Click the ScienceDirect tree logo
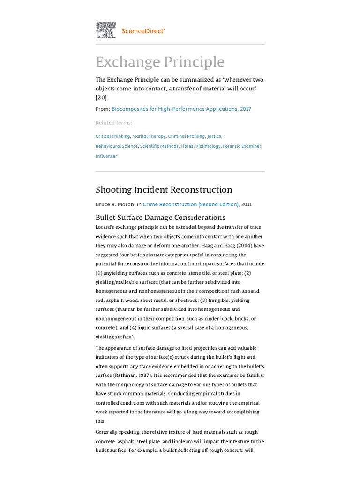click(106, 30)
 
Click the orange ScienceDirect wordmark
click(143, 31)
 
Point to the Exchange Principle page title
click(160, 62)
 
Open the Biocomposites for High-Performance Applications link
click(181, 109)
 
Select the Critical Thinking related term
click(112, 136)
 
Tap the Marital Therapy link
click(149, 136)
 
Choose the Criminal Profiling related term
click(186, 136)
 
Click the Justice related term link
click(214, 136)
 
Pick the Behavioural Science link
click(117, 146)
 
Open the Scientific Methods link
click(159, 146)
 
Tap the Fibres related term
click(187, 146)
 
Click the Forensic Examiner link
click(242, 146)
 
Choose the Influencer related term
click(106, 156)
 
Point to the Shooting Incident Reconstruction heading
click(164, 190)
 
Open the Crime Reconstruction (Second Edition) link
click(191, 204)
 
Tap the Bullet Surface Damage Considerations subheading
click(160, 217)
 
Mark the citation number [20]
click(101, 97)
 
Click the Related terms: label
click(114, 123)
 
